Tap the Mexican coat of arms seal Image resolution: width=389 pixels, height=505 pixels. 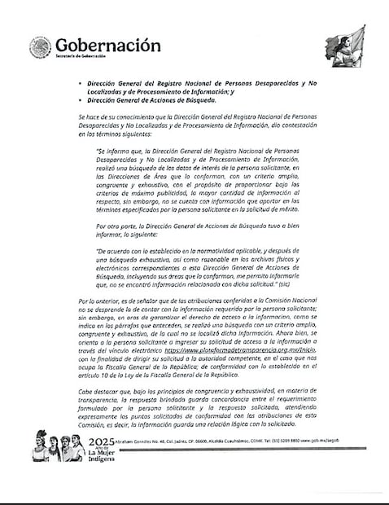pos(40,48)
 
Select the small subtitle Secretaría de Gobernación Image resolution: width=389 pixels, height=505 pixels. pos(81,56)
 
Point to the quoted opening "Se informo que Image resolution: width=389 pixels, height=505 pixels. pos(118,151)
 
